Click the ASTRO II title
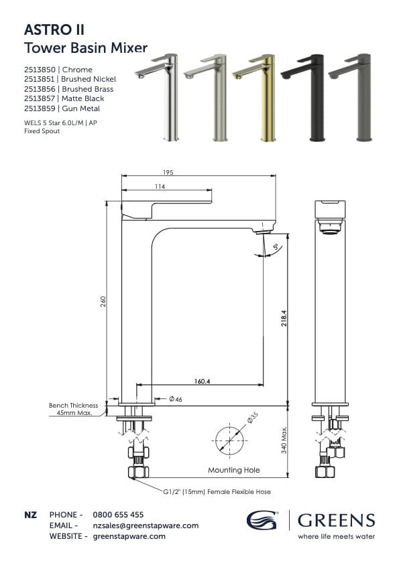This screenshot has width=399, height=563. [54, 29]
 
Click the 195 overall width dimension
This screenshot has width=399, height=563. [168, 173]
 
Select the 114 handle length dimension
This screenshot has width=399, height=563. [160, 187]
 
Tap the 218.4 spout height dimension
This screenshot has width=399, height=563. [284, 317]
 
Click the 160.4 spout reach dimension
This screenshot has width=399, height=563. [203, 381]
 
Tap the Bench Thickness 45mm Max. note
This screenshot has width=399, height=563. [74, 409]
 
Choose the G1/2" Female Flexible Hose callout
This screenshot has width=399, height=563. [217, 491]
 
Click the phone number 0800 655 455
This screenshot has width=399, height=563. [117, 515]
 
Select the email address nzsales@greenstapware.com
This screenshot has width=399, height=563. [145, 526]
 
